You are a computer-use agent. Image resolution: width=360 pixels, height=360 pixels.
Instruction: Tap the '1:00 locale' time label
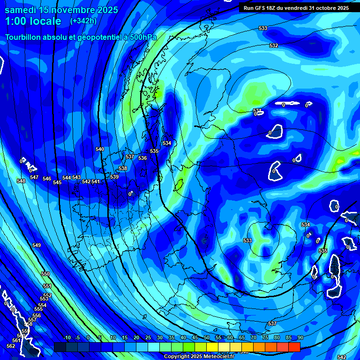(x=33, y=21)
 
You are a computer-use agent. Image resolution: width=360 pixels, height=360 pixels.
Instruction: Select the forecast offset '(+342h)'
(x=84, y=21)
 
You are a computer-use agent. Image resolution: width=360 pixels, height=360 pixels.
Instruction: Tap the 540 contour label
(x=100, y=149)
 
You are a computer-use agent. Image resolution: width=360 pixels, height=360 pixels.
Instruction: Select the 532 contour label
(x=274, y=45)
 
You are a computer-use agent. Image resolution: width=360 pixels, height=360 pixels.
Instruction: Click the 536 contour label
(x=142, y=158)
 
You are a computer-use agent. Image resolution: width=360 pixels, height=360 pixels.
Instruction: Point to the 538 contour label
(x=123, y=168)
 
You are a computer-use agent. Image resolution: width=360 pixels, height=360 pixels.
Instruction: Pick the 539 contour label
(x=114, y=177)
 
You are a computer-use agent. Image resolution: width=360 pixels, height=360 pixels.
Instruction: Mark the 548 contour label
(x=21, y=181)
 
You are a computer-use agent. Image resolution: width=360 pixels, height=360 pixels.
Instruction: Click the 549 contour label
(x=37, y=245)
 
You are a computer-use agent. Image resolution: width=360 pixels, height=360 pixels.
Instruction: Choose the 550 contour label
(x=45, y=274)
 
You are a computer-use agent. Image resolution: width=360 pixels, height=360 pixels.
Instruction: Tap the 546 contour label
(x=47, y=179)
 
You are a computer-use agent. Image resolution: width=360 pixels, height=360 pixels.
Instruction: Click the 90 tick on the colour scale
(x=300, y=337)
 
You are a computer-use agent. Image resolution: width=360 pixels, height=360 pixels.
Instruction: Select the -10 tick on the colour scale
(x=67, y=337)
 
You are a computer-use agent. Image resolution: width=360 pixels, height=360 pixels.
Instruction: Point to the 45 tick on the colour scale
(x=195, y=337)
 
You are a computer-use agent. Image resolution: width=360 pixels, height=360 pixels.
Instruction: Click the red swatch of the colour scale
(x=294, y=347)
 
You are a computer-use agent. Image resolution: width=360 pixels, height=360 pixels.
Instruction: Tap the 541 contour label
(x=96, y=181)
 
